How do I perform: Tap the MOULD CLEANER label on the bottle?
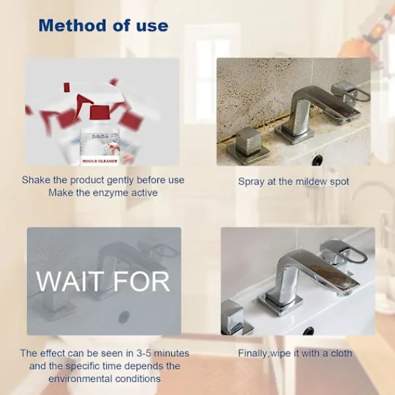(x=100, y=161)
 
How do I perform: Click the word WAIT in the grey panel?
(x=70, y=281)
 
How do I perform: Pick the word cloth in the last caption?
(x=341, y=353)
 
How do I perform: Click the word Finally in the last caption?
(x=252, y=354)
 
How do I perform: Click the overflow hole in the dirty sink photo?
(x=317, y=159)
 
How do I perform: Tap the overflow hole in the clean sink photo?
(x=308, y=330)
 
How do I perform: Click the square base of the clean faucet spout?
(x=280, y=304)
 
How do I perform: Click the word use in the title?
(x=152, y=26)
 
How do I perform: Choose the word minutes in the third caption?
(x=171, y=353)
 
